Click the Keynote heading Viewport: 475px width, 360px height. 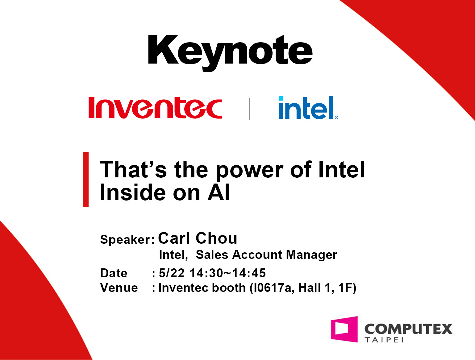(x=230, y=53)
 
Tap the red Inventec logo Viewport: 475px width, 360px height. (x=155, y=108)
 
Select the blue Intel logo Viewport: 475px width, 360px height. (x=308, y=107)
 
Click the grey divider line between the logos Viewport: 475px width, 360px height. (x=249, y=109)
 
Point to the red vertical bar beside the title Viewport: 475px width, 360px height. (x=86, y=180)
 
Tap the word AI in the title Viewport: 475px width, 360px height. (x=219, y=192)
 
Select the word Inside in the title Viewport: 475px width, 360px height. (x=133, y=192)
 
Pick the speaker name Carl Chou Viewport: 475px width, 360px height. (x=198, y=238)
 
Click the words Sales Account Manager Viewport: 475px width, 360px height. (x=266, y=254)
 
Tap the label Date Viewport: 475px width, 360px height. (x=114, y=273)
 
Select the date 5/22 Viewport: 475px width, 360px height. (x=172, y=273)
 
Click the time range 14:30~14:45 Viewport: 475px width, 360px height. (x=228, y=273)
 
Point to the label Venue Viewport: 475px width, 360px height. (x=119, y=288)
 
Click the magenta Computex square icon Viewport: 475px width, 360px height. (x=344, y=329)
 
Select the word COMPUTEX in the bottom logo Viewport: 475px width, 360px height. (x=408, y=329)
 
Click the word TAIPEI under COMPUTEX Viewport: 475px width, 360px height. (x=384, y=340)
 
